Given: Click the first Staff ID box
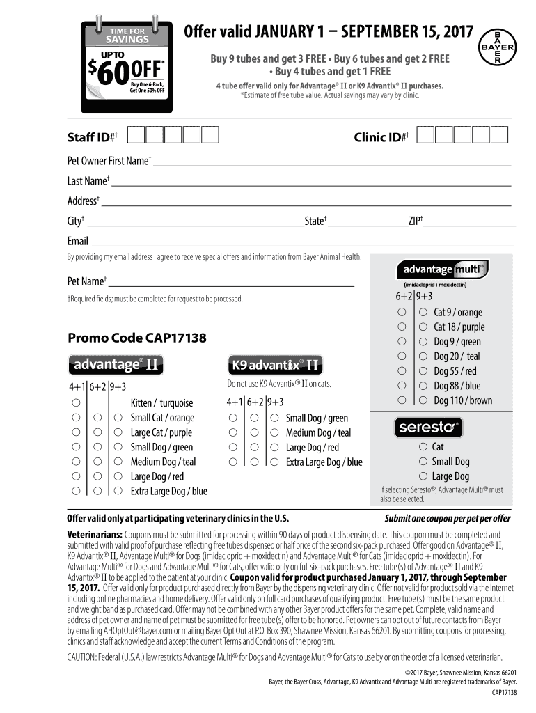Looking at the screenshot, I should (x=137, y=134).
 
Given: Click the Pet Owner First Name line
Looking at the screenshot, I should (x=331, y=164).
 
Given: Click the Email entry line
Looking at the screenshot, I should (x=302, y=244).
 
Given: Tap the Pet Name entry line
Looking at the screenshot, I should (x=230, y=285).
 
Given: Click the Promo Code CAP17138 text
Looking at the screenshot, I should (x=136, y=338).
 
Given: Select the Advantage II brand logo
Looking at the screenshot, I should (x=116, y=364).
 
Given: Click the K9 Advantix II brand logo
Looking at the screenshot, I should (x=276, y=364).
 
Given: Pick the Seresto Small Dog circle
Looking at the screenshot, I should (x=423, y=462).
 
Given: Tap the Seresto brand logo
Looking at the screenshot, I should (x=428, y=427).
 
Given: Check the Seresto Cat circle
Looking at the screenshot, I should (x=423, y=447).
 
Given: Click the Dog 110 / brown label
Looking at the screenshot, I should (x=462, y=400).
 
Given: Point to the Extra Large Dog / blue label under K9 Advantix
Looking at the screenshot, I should (x=324, y=462).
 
